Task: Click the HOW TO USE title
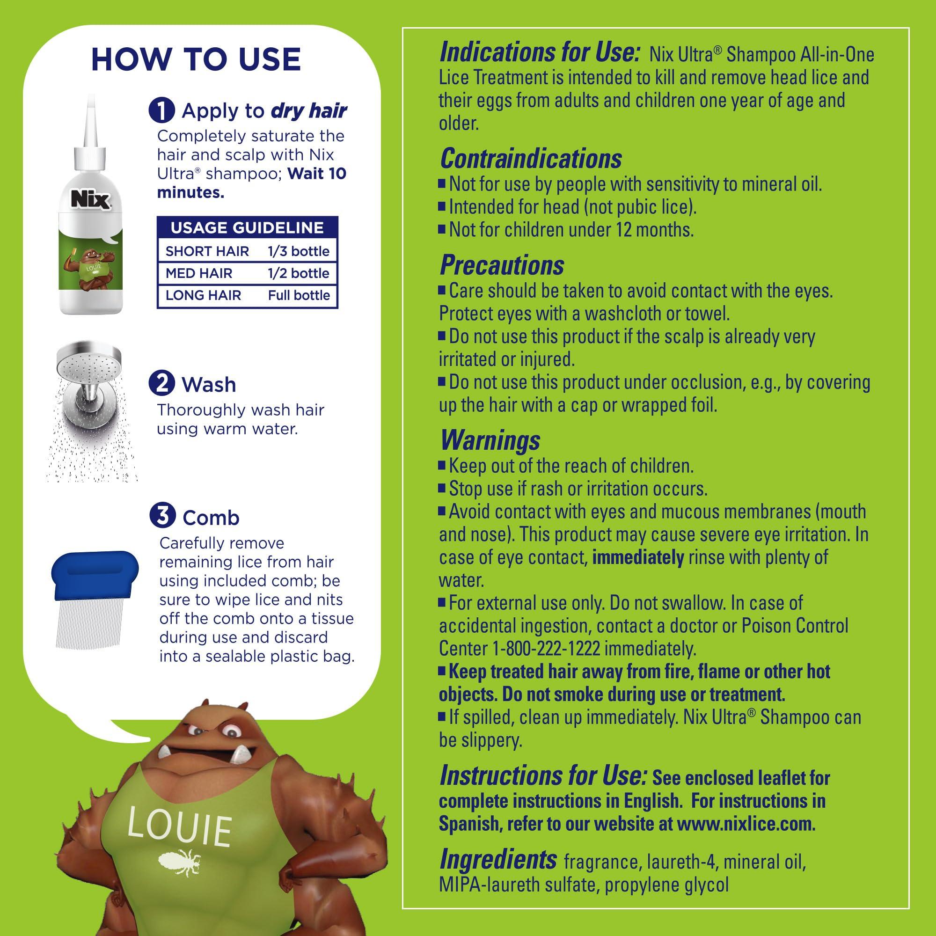pos(196,59)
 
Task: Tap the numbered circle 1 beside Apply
pos(162,111)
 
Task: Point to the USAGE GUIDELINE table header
pos(247,228)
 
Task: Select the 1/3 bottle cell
pos(299,251)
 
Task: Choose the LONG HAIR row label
pos(203,295)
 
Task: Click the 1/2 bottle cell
pos(299,273)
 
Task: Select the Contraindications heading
pos(531,159)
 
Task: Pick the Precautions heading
pos(501,264)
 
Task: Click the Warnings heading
pos(490,440)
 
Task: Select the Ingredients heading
pos(497,860)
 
